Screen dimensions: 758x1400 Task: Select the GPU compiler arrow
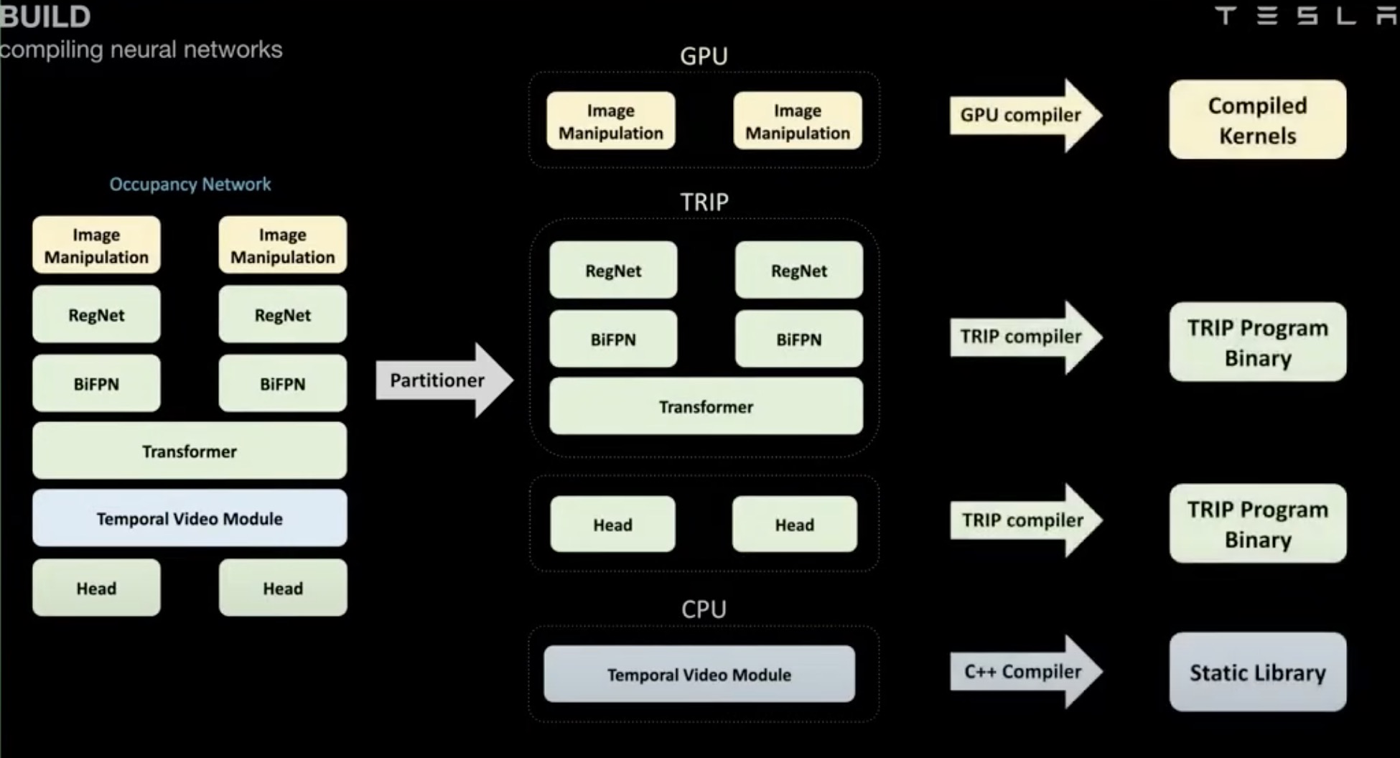click(x=1022, y=116)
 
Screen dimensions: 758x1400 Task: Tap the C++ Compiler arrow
click(x=1024, y=672)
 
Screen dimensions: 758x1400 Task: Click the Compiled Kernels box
click(x=1257, y=120)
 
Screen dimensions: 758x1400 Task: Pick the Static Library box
click(x=1257, y=673)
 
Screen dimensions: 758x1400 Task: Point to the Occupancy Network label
click(x=190, y=184)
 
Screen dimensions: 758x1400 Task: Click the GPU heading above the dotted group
click(x=704, y=56)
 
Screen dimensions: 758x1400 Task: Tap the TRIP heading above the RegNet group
click(x=704, y=202)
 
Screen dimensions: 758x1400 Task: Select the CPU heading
click(x=704, y=609)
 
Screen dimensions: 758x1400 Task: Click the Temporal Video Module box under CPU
click(x=699, y=675)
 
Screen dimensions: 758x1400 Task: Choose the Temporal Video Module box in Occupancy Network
click(x=190, y=518)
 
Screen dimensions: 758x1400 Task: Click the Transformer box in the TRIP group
click(x=706, y=407)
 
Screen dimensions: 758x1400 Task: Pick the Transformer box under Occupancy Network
click(x=190, y=451)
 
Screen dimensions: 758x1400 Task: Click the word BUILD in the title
click(x=45, y=17)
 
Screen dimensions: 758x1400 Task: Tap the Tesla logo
click(x=1306, y=16)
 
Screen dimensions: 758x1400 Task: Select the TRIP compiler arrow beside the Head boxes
click(x=1024, y=520)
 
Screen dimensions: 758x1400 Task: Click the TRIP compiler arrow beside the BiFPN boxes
click(x=1022, y=337)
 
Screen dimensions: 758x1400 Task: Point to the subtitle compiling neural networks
click(x=141, y=50)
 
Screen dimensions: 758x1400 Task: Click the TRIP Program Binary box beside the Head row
click(x=1257, y=524)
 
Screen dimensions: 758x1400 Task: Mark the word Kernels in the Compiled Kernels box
click(x=1257, y=136)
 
